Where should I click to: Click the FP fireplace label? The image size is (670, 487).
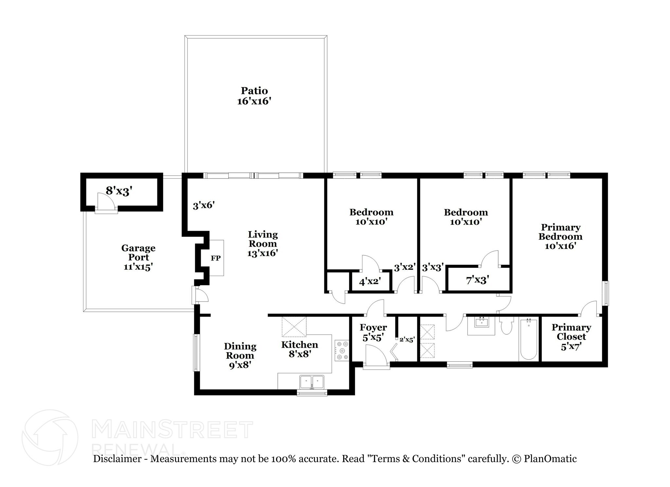click(x=216, y=258)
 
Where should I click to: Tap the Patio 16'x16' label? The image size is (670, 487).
click(x=255, y=96)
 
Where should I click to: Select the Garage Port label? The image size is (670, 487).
click(x=138, y=252)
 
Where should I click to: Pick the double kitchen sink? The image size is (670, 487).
click(x=312, y=382)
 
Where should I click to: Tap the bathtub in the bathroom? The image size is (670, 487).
click(x=528, y=339)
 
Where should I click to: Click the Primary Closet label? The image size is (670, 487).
click(x=571, y=332)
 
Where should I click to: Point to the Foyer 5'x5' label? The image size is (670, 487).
click(x=373, y=332)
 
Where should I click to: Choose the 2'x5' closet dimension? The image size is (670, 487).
click(x=407, y=340)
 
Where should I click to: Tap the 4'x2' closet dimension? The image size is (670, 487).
click(x=370, y=281)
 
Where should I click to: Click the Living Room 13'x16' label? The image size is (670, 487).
click(x=263, y=244)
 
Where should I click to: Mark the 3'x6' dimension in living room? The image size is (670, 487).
click(x=204, y=205)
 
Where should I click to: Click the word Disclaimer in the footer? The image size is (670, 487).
click(x=117, y=459)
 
